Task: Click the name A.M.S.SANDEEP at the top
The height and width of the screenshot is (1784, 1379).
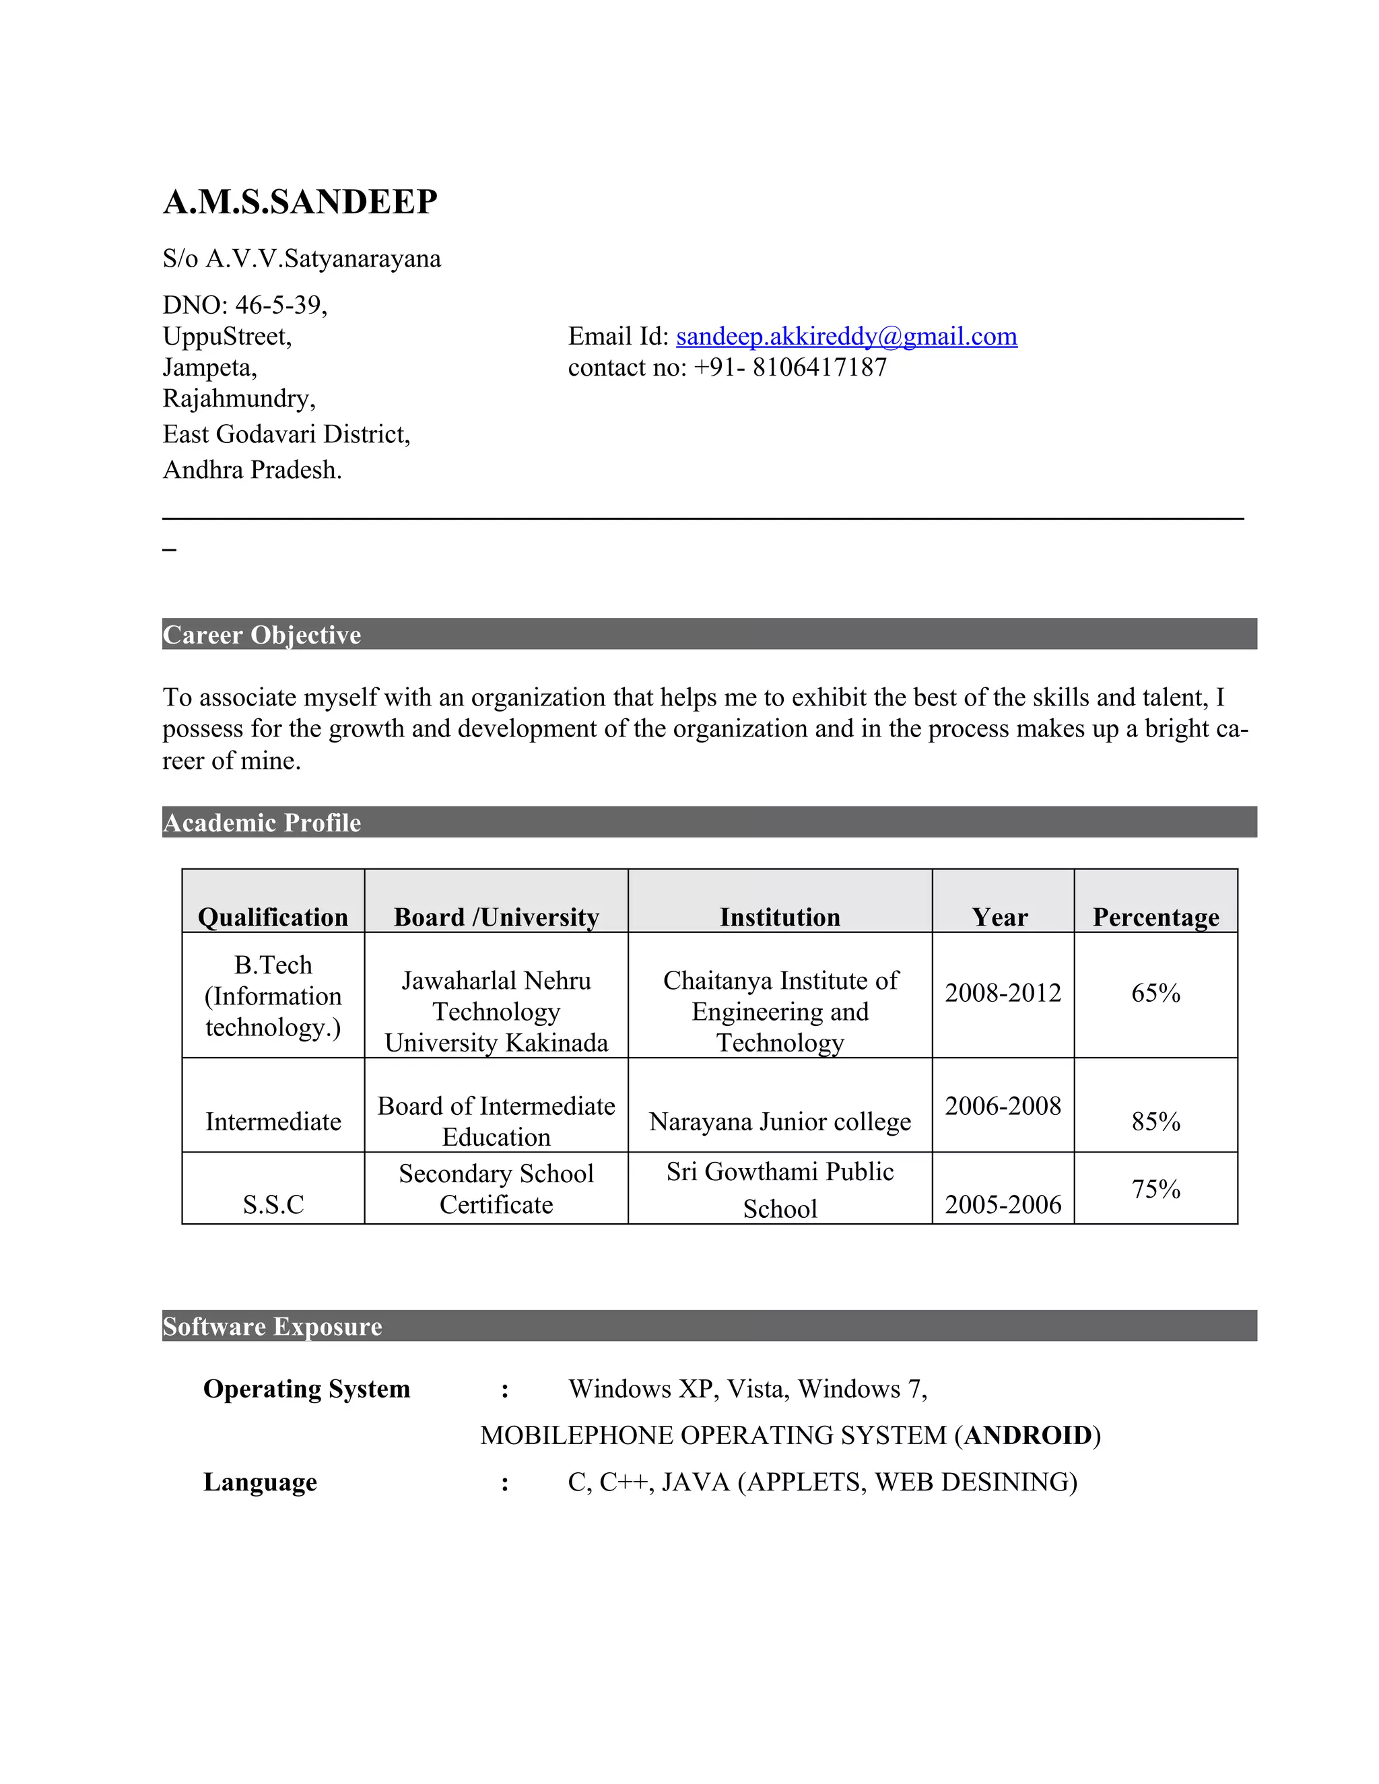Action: click(x=300, y=202)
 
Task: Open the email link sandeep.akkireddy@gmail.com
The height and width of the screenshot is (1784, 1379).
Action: click(x=846, y=337)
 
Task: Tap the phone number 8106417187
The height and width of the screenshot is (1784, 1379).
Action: click(x=819, y=368)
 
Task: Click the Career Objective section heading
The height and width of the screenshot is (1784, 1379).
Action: click(x=261, y=635)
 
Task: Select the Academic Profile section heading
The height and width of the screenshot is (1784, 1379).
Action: click(x=261, y=823)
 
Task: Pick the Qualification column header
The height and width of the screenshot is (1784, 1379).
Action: click(x=273, y=918)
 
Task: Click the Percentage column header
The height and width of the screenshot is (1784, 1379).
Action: click(x=1155, y=918)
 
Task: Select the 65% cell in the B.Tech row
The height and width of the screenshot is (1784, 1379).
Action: click(x=1155, y=993)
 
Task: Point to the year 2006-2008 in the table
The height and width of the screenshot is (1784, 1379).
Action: click(x=1003, y=1106)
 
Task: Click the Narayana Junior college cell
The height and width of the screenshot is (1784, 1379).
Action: click(x=779, y=1122)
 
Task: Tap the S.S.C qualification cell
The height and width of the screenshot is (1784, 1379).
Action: click(x=273, y=1204)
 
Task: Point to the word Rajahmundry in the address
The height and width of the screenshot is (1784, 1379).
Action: click(x=238, y=399)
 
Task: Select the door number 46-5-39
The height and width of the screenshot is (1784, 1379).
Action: click(x=280, y=306)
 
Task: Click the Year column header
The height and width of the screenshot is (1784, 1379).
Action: click(x=1000, y=918)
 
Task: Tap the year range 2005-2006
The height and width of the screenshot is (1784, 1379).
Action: click(x=1003, y=1204)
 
